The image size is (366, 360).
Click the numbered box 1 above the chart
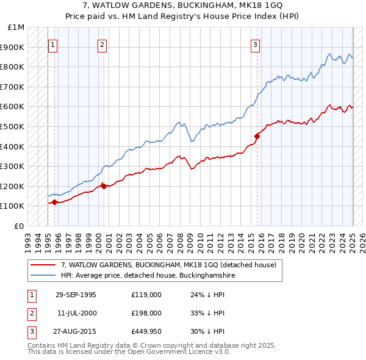pyautogui.click(x=52, y=45)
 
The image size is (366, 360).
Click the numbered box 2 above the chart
pyautogui.click(x=102, y=45)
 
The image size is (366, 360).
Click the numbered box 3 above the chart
pyautogui.click(x=255, y=45)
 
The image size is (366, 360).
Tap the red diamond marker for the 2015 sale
pyautogui.click(x=257, y=137)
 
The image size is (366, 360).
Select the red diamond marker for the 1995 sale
pyautogui.click(x=54, y=202)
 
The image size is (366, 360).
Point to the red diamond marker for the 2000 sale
pyautogui.click(x=104, y=186)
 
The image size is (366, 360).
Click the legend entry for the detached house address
pyautogui.click(x=169, y=265)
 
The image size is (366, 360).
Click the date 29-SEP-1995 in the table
pyautogui.click(x=76, y=295)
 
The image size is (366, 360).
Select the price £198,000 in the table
pyautogui.click(x=146, y=313)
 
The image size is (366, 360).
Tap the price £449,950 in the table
pyautogui.click(x=146, y=331)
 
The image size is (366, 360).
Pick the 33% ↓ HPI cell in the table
pyautogui.click(x=207, y=313)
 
